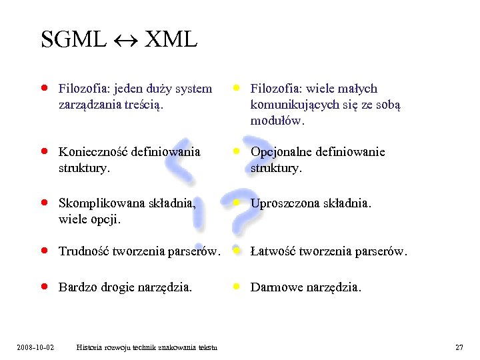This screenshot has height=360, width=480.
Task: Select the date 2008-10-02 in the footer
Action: pos(36,347)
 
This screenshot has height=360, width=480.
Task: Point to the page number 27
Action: pos(459,347)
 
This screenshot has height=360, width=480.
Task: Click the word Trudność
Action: pos(84,251)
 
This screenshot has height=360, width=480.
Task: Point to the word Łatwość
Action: pos(273,251)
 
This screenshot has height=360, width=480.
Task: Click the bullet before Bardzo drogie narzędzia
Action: pos(43,287)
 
